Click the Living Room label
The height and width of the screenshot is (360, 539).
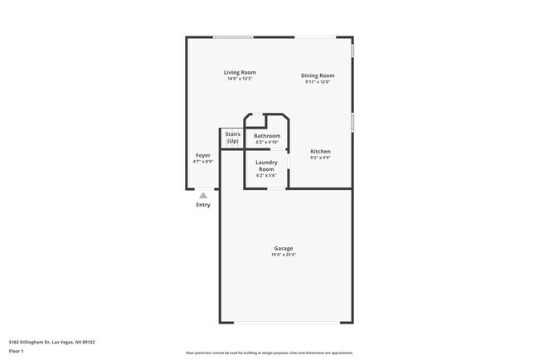click(x=239, y=72)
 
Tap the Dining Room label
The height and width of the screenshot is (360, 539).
click(x=318, y=75)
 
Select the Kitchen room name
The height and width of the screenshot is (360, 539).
click(x=320, y=152)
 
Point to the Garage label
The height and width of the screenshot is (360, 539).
click(x=284, y=248)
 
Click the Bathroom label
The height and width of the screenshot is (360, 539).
click(x=267, y=135)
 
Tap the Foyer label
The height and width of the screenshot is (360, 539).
click(x=203, y=155)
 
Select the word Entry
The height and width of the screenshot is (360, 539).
click(x=203, y=205)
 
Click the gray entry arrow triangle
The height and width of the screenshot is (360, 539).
click(x=203, y=195)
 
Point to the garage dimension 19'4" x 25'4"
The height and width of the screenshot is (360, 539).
click(x=284, y=255)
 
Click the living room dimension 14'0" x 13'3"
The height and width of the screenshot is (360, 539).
click(x=239, y=79)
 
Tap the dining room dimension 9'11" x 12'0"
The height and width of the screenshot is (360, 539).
click(x=318, y=82)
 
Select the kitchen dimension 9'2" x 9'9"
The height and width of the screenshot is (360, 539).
click(x=320, y=158)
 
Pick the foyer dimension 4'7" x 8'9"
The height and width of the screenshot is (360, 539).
click(x=203, y=162)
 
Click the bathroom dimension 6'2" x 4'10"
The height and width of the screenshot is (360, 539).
click(x=267, y=142)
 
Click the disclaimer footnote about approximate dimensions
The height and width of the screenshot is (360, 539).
click(x=269, y=353)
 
